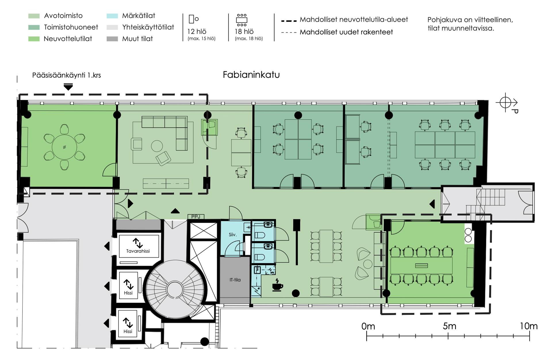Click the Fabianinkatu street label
click(251, 75)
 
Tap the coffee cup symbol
click(277, 285)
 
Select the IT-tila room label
click(235, 280)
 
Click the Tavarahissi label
click(138, 251)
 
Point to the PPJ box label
click(196, 217)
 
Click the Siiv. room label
click(233, 234)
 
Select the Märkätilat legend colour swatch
click(112, 16)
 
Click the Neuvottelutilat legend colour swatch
click(34, 39)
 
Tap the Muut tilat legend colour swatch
click(112, 39)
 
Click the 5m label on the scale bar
click(449, 326)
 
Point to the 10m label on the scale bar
click(528, 326)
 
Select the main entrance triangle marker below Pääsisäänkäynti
click(68, 87)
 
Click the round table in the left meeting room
click(64, 147)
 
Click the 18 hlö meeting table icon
click(241, 20)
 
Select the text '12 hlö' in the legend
click(197, 32)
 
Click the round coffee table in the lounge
click(157, 146)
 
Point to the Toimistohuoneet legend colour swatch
click(34, 27)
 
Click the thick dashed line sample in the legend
click(289, 21)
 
